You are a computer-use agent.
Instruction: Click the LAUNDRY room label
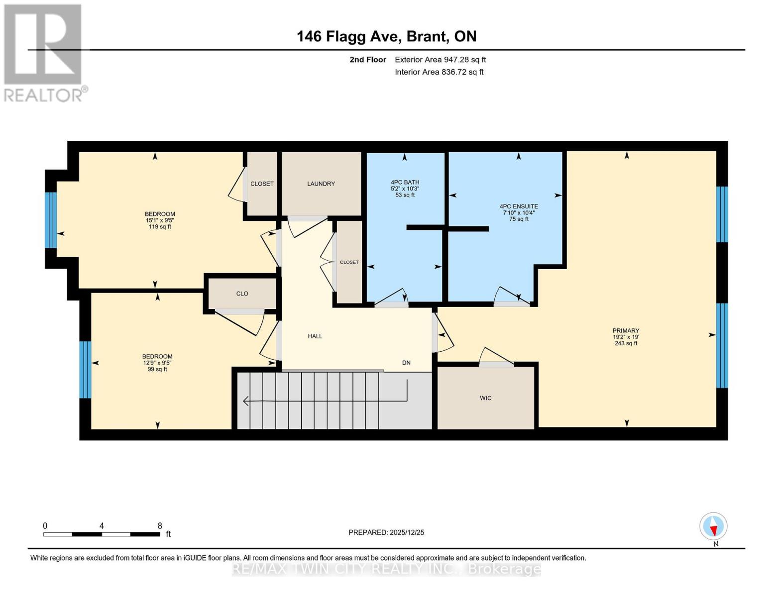321,184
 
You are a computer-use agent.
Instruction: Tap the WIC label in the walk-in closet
486,398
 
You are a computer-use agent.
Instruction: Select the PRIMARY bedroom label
626,331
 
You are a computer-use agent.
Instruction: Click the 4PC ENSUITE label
519,206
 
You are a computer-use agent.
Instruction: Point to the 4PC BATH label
405,183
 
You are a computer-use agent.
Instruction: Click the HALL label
315,336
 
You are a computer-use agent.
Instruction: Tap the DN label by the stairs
406,363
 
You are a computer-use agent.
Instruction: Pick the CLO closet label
242,294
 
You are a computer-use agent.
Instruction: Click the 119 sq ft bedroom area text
160,227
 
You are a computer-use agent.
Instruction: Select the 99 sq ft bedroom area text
157,369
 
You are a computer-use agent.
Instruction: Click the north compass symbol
713,526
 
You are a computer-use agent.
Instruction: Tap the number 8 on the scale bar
160,526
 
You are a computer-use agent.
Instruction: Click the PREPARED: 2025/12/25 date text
386,532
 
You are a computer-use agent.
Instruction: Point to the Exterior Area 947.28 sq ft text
440,60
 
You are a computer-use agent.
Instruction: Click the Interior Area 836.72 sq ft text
439,72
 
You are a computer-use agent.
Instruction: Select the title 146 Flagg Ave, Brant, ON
386,36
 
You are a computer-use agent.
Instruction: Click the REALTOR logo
43,52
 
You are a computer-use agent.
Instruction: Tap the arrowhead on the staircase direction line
246,401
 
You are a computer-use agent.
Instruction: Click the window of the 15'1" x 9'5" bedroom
51,220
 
